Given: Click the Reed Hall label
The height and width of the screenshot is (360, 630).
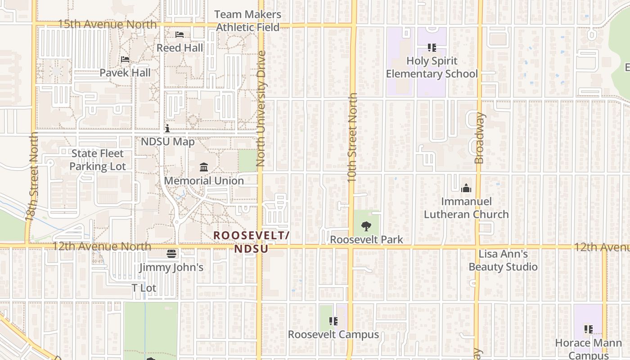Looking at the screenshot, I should coord(180,48).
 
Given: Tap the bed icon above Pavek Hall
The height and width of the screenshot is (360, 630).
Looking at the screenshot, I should coord(125,59).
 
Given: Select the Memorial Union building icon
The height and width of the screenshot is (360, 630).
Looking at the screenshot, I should coord(204,167).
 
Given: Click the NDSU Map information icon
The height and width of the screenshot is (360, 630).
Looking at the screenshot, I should coord(167,129).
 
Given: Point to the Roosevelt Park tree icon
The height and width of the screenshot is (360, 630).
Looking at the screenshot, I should coord(366,226).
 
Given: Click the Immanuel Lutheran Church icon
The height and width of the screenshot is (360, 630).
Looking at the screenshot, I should coord(466,188).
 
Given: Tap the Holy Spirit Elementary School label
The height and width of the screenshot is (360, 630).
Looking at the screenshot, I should coord(432,67).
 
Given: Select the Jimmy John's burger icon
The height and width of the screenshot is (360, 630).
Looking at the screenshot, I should coord(171,254).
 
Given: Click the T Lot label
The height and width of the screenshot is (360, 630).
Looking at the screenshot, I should coord(144,288).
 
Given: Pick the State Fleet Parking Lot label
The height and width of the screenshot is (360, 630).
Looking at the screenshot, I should coord(98,160).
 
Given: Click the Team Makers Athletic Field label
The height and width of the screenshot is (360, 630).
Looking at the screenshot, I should coord(247,21).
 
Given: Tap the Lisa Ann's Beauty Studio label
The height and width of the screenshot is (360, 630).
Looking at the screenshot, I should coord(503,261).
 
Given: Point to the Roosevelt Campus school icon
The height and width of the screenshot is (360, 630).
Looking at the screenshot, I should coord(333,321).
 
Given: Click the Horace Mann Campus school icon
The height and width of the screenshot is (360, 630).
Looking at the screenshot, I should coord(588,329).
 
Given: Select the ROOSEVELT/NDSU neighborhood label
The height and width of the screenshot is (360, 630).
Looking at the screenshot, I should coord(251,242).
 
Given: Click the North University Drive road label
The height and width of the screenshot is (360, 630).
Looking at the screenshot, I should coord(261,109).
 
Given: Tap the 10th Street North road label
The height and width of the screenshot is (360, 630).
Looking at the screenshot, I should coord(352,137).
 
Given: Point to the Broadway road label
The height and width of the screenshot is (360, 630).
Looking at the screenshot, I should coord(480,138).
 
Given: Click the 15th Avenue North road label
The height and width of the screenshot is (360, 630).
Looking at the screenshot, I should coord(107,24).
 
